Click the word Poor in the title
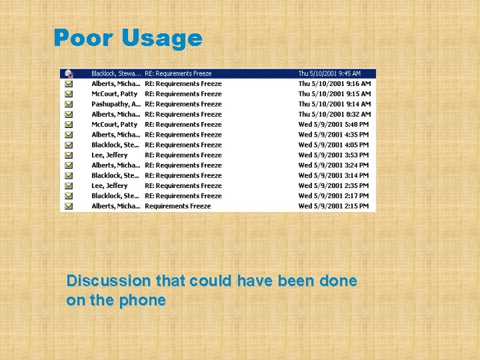click(x=84, y=38)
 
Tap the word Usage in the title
click(x=162, y=39)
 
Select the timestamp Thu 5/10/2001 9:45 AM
click(x=329, y=73)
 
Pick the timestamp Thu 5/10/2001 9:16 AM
click(x=334, y=84)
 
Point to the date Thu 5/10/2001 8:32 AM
click(x=334, y=114)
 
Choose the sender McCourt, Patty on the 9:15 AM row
click(x=114, y=94)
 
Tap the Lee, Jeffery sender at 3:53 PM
click(x=109, y=155)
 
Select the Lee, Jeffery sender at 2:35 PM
click(x=109, y=185)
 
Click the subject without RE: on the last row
click(x=177, y=206)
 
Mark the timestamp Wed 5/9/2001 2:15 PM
click(x=333, y=206)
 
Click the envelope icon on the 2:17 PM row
click(x=68, y=196)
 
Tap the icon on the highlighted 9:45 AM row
click(x=68, y=73)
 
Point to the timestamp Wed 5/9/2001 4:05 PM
click(x=333, y=145)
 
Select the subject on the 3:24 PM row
click(x=183, y=165)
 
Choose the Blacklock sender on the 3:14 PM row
click(x=115, y=175)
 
